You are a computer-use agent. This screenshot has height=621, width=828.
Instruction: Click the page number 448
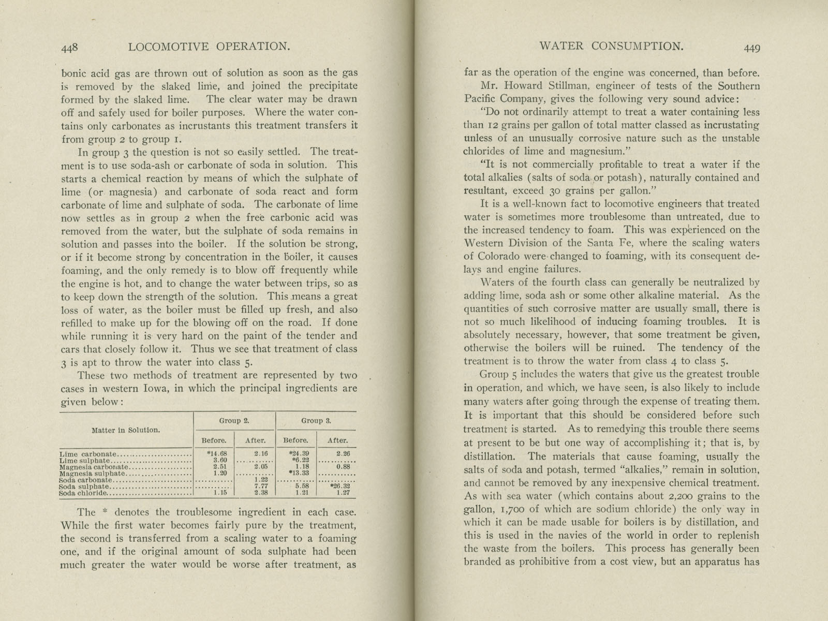[x=69, y=48]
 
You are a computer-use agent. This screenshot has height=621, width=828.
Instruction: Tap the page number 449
[x=751, y=48]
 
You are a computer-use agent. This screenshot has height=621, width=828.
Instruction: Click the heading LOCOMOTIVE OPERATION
[x=208, y=47]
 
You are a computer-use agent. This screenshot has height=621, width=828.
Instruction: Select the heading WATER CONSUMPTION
[x=611, y=46]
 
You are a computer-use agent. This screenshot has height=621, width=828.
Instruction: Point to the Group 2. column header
[x=234, y=421]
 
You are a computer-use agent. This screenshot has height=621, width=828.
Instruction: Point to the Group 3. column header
[x=316, y=421]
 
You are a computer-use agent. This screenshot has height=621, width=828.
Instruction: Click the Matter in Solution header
[x=126, y=430]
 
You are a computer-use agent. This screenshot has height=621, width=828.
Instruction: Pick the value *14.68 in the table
[x=213, y=454]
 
